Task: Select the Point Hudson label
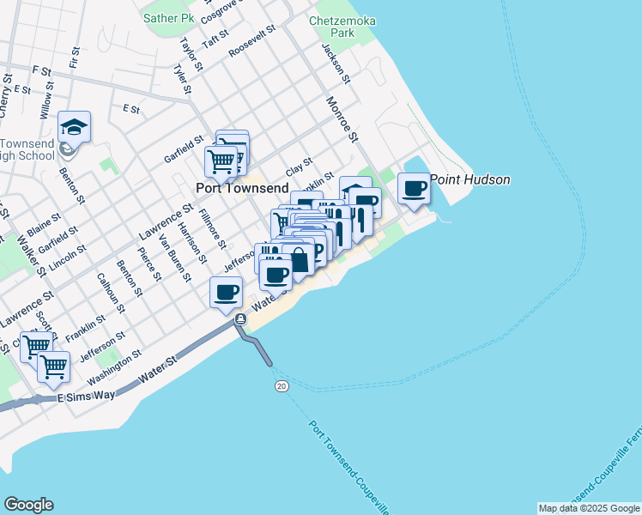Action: tap(470, 179)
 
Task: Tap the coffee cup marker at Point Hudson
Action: tap(415, 188)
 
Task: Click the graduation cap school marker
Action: tap(75, 128)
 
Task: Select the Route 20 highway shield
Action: tap(282, 387)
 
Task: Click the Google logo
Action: tap(28, 505)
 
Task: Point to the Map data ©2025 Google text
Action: tap(589, 508)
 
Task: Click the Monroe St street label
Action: tap(341, 118)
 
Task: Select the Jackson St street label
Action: tap(336, 63)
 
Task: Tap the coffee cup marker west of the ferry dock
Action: tap(226, 292)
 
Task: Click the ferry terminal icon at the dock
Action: tap(241, 319)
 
